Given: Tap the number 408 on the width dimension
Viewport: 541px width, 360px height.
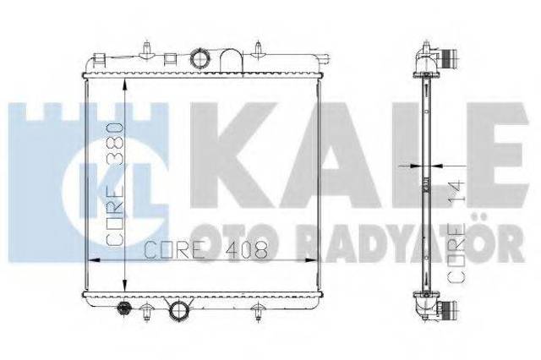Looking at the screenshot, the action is point(246,249).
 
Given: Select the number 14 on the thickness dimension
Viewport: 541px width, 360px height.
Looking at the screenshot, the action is point(456,192).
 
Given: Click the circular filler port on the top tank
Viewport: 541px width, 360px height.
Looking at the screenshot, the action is point(200,59).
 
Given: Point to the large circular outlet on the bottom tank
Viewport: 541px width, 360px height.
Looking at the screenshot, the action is point(178,309).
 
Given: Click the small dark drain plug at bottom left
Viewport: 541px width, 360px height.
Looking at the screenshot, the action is point(124,308).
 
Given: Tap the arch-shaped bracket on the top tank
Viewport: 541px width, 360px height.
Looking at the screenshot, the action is point(232,61).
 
